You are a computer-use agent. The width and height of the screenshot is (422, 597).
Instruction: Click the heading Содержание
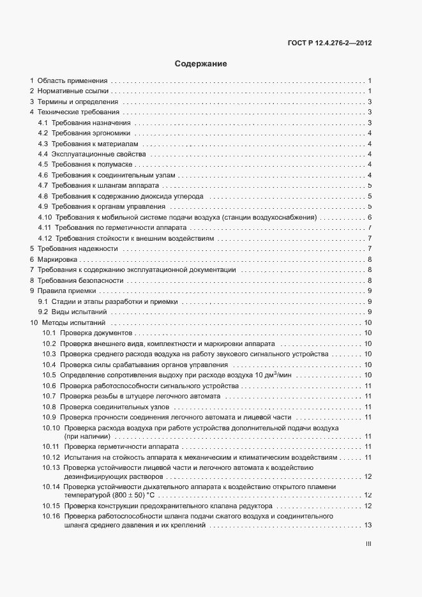[200, 64]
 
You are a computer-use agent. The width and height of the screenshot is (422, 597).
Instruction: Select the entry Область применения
[72, 81]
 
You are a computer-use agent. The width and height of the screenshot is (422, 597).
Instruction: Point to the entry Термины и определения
[78, 102]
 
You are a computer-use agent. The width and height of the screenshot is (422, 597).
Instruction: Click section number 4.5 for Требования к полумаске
[43, 165]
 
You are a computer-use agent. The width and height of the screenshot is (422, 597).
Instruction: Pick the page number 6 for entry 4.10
[370, 217]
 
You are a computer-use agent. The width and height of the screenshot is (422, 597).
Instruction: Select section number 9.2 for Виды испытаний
[43, 312]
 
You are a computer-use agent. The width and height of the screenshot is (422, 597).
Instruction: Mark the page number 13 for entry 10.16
[367, 525]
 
